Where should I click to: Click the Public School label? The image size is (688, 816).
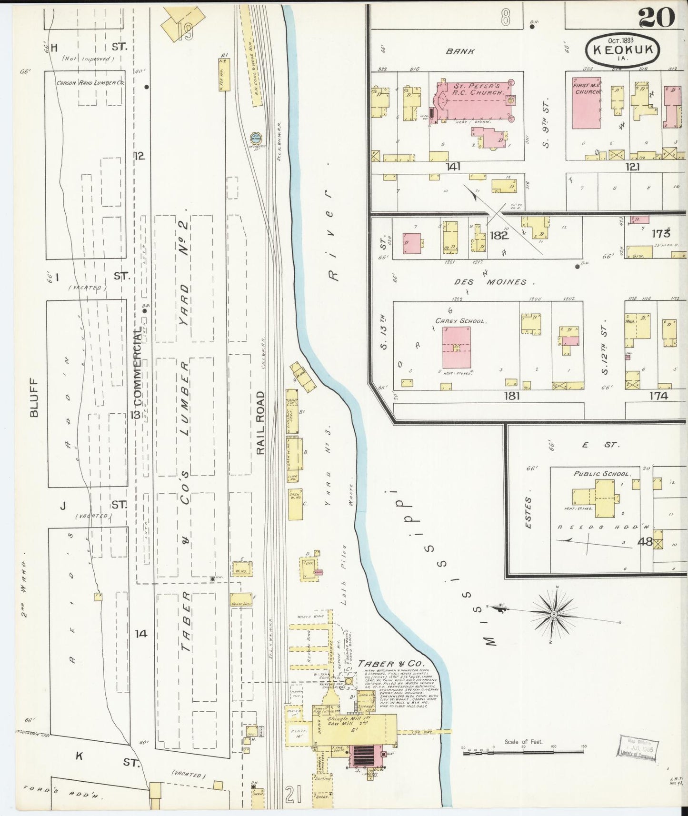click(603, 474)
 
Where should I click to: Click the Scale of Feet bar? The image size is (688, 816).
click(524, 751)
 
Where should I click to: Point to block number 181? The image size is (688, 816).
click(512, 396)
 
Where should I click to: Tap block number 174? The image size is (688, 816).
click(658, 396)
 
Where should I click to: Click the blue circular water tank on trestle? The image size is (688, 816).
click(256, 138)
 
